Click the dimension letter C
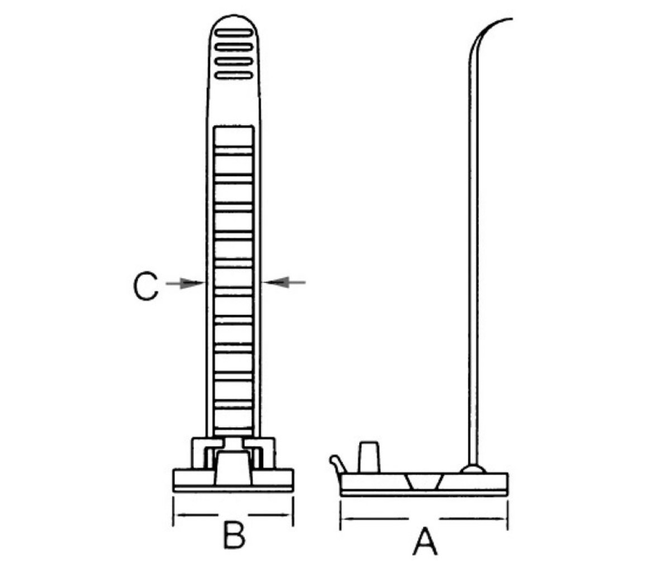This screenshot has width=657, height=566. pos(145,286)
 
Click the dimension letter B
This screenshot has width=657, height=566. pos(234,535)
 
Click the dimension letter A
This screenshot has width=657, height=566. pos(425,541)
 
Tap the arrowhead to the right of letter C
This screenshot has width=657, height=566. pos(192,283)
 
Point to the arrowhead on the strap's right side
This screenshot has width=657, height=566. pos(276,282)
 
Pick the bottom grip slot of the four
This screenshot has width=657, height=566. pos(234,76)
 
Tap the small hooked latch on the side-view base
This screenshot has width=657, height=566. pos(337,464)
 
